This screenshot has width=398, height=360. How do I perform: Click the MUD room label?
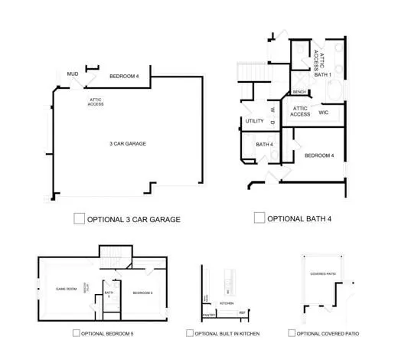[73, 74]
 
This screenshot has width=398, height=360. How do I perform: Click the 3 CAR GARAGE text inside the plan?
[127, 143]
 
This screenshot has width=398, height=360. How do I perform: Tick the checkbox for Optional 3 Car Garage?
[79, 218]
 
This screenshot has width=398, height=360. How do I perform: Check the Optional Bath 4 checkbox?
[259, 218]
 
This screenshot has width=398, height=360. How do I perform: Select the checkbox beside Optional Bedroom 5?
[76, 333]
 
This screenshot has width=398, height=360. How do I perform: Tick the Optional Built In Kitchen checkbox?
[190, 333]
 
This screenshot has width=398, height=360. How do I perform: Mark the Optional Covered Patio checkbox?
[292, 333]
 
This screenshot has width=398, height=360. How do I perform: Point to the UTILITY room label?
[255, 121]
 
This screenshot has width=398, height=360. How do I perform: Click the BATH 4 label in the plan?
[265, 144]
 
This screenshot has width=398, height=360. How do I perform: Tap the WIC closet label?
[324, 112]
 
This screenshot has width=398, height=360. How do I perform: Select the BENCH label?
[299, 93]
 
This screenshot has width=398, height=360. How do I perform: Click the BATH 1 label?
[323, 75]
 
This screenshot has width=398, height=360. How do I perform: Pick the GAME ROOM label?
[67, 290]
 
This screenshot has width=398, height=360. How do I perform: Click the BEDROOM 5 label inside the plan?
[142, 293]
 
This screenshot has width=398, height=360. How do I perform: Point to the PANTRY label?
[208, 315]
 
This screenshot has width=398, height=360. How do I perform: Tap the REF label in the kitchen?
[242, 313]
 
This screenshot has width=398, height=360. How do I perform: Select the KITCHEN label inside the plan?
[227, 303]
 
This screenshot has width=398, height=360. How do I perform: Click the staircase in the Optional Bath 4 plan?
[248, 71]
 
